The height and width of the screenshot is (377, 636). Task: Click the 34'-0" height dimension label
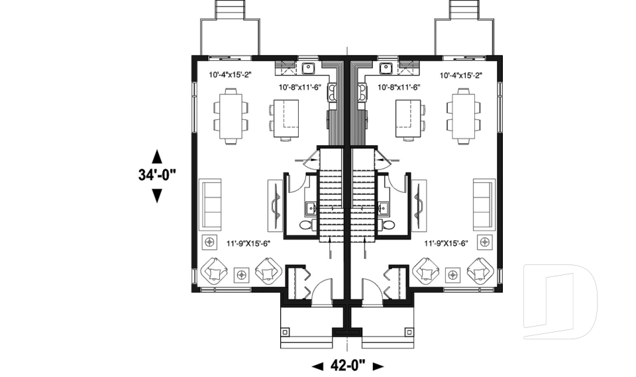158,176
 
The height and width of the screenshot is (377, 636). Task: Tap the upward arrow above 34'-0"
157,156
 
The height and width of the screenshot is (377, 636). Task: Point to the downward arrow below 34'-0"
157,195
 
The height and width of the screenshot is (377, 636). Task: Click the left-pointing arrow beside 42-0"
317,365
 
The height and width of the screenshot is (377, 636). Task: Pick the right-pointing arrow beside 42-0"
378,365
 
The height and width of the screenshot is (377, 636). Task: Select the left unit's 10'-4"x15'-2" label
230,76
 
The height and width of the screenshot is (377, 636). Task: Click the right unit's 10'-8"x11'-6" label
400,87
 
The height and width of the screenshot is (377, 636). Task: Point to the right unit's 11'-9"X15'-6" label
446,243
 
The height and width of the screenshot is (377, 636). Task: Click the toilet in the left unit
307,225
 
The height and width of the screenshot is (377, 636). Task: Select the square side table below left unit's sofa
211,241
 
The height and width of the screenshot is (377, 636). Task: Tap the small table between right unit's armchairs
453,273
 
